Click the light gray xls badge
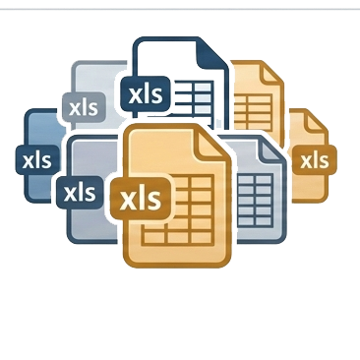pyautogui.click(x=84, y=107)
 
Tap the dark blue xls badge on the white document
pyautogui.click(x=146, y=94)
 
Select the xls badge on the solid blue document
pyautogui.click(x=37, y=159)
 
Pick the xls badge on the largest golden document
pyautogui.click(x=141, y=199)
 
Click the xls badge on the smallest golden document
pyautogui.click(x=314, y=160)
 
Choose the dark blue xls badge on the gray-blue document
pyautogui.click(x=80, y=193)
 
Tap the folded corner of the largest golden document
pyautogui.click(x=213, y=143)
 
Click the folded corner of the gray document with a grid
pyautogui.click(x=271, y=150)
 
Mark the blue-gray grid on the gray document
pyautogui.click(x=255, y=200)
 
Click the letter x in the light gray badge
pyautogui.click(x=75, y=109)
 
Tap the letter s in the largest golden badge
pyautogui.click(x=154, y=200)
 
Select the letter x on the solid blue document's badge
pyautogui.click(x=29, y=161)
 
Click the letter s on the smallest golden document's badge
pyautogui.click(x=324, y=162)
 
